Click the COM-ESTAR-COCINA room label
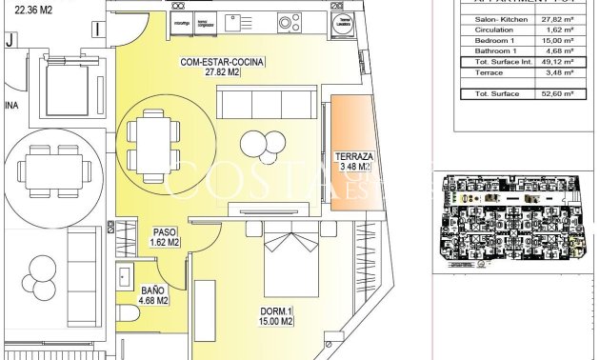(x=222, y=68)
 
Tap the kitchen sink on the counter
(x=257, y=21)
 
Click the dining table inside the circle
(x=153, y=144)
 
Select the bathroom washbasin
(x=125, y=277)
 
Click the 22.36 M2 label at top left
(x=33, y=11)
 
